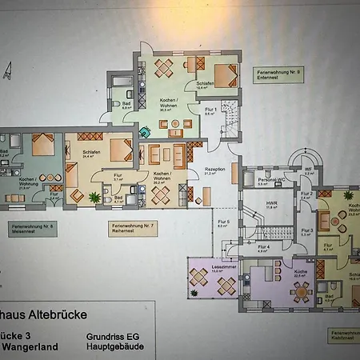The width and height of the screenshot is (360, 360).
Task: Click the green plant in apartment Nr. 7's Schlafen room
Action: point(94,196)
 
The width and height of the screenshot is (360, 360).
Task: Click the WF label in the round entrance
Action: point(309,170)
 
